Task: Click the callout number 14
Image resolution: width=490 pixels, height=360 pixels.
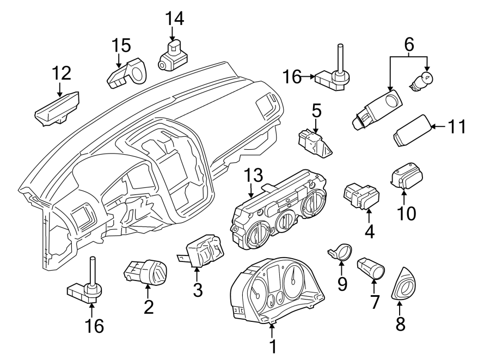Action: [175, 19]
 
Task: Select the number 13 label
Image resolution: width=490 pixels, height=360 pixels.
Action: [254, 175]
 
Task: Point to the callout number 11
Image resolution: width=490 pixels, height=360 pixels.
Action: [458, 127]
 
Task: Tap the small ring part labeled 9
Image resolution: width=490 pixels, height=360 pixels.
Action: [342, 252]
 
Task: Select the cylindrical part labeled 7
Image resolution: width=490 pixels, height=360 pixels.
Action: [371, 267]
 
